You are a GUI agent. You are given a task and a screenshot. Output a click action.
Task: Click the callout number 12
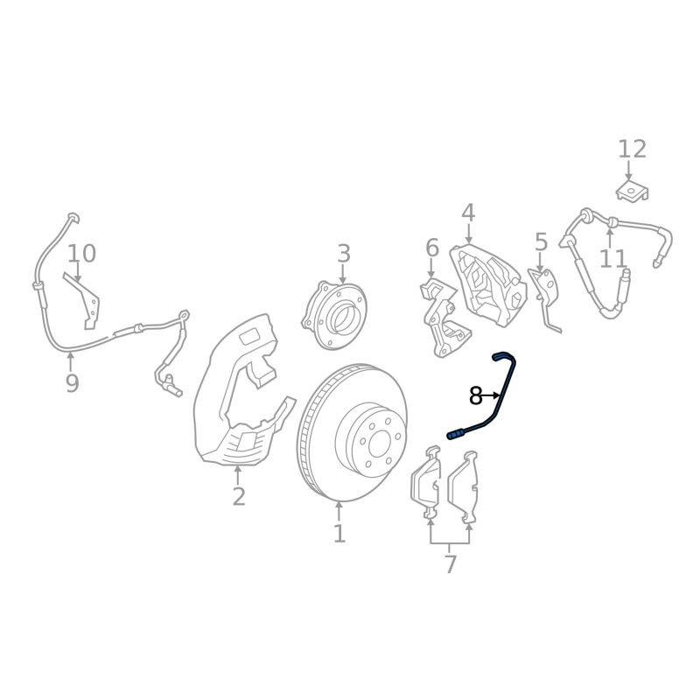(x=632, y=149)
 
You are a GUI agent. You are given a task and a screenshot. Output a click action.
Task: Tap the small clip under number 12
(x=632, y=191)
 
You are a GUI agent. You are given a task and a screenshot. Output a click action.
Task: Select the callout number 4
(x=468, y=213)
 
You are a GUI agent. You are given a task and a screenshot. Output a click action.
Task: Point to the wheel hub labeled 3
(x=334, y=314)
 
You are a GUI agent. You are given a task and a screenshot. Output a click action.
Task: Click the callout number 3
(x=343, y=254)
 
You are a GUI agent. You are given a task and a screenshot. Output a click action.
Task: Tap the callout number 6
(x=432, y=248)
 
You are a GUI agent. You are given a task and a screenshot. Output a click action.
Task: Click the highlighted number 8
(x=476, y=396)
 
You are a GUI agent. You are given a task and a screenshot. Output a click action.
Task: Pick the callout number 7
(x=451, y=564)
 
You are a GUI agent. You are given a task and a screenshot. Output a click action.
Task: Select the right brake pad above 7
(x=463, y=486)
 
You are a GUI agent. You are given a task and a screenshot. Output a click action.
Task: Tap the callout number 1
(x=339, y=534)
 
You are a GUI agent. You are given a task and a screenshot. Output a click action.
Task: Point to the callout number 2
(x=239, y=496)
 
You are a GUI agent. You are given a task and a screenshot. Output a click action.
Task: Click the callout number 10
(x=81, y=254)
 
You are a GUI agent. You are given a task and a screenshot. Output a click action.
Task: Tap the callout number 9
(x=72, y=383)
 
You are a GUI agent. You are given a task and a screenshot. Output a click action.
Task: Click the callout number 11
(x=613, y=259)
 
